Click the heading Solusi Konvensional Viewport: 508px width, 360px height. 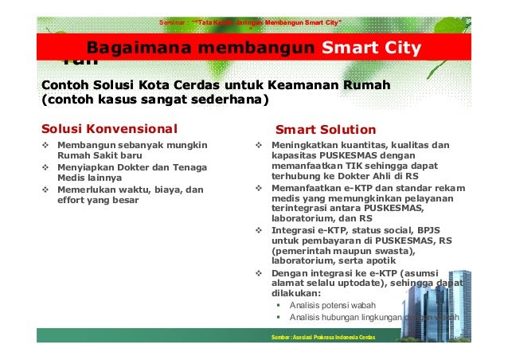pos(109,129)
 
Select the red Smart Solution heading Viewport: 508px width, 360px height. pos(325,129)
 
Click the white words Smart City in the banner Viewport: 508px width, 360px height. pos(371,49)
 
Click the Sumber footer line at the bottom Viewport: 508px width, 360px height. pos(324,338)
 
